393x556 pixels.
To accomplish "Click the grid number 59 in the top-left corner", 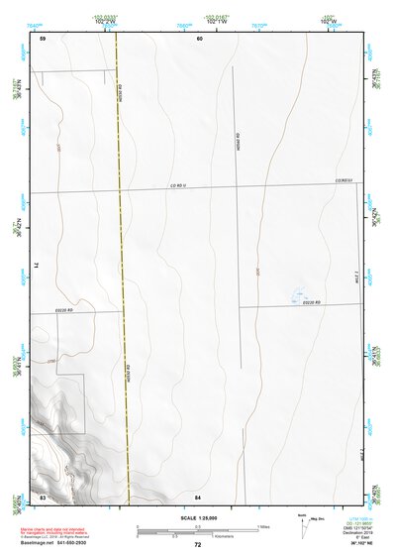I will (x=44, y=38).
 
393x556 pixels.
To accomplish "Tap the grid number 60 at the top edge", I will (x=199, y=38).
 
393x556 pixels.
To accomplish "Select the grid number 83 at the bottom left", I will (x=43, y=495).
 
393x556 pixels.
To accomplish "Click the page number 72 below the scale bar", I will (x=198, y=544).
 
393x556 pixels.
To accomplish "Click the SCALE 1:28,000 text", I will (x=197, y=518).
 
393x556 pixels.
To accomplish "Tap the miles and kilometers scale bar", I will (x=198, y=530).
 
